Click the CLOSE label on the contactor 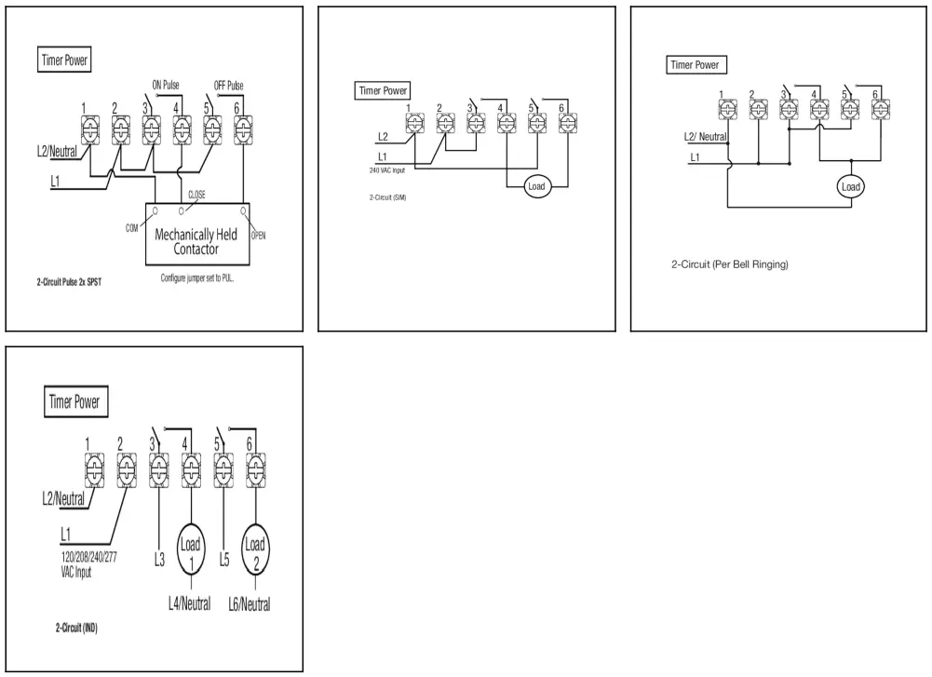point(196,194)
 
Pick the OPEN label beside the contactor point(259,235)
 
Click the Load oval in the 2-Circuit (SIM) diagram point(535,186)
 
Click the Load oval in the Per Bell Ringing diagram point(850,186)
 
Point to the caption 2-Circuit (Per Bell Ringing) point(730,264)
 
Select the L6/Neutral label point(250,604)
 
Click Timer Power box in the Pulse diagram point(66,60)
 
